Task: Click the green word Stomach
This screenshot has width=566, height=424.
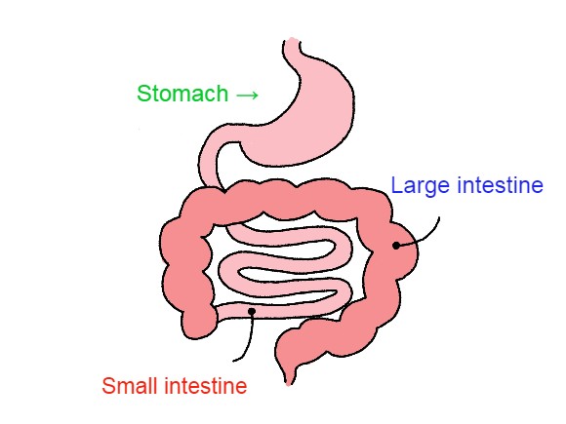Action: tap(182, 94)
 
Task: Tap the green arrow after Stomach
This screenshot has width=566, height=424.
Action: tap(247, 96)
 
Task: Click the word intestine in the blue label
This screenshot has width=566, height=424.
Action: tap(500, 185)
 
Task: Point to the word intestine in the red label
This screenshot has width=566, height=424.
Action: tap(205, 386)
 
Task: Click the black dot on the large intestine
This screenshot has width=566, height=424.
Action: tap(396, 246)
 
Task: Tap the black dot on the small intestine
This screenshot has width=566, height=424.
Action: tap(252, 311)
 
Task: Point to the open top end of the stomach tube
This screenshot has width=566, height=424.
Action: tap(292, 40)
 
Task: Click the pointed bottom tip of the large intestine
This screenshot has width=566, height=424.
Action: tap(288, 384)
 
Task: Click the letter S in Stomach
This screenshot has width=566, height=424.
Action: tap(143, 94)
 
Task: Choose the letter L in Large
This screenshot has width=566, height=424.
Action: tap(397, 185)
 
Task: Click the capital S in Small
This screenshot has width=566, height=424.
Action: tap(108, 386)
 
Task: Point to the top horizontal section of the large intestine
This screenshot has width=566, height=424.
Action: tap(289, 200)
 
